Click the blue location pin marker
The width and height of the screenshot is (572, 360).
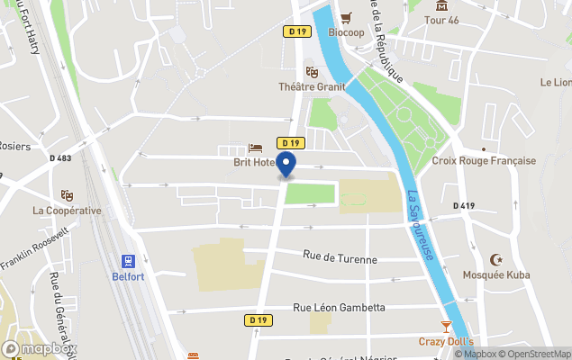(x=286, y=166)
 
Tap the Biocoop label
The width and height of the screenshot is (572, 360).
(x=346, y=33)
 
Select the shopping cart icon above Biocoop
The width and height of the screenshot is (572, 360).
(x=346, y=18)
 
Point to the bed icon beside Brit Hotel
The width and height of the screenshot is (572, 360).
(x=256, y=148)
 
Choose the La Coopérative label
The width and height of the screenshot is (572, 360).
(x=67, y=211)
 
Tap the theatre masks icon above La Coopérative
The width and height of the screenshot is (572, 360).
(x=66, y=194)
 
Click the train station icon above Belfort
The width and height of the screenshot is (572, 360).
(x=130, y=261)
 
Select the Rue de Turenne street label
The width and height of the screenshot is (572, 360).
(x=340, y=258)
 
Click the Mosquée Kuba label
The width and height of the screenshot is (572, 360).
(x=496, y=274)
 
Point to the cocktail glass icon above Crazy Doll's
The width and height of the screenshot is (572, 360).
(x=445, y=326)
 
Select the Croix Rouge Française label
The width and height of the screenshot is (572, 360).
(x=484, y=161)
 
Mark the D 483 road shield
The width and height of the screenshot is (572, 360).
(x=62, y=158)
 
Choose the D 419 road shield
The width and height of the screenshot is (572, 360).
(x=463, y=206)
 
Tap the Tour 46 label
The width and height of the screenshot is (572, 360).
(x=441, y=20)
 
